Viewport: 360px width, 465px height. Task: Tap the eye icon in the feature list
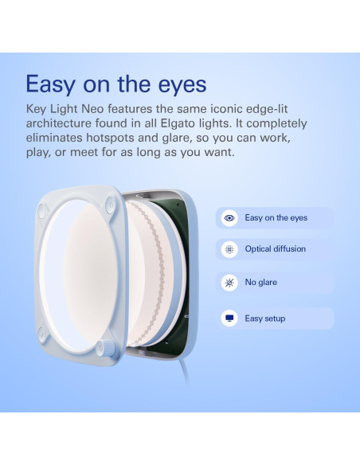[229, 217]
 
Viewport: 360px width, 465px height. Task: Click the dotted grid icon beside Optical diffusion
[229, 249]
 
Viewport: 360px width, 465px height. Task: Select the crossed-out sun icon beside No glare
[229, 283]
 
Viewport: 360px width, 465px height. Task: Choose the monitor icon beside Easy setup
[229, 318]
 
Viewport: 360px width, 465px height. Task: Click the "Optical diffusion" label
[276, 249]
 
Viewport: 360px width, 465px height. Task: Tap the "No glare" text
[261, 283]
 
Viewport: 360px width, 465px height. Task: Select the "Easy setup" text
[265, 318]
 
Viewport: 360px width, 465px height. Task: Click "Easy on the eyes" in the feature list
[276, 217]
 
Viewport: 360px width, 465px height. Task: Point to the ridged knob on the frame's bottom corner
[102, 348]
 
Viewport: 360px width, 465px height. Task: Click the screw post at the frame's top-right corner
[112, 204]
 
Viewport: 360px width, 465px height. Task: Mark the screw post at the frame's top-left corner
[45, 211]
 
